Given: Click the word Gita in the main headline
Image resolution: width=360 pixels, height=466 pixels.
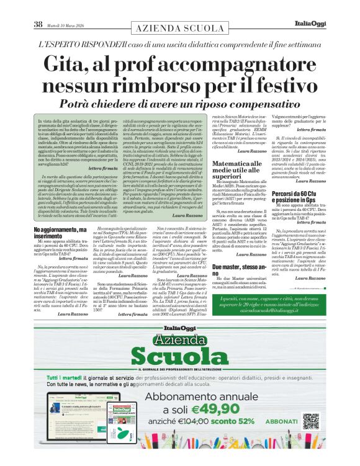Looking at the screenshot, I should point(61,65).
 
